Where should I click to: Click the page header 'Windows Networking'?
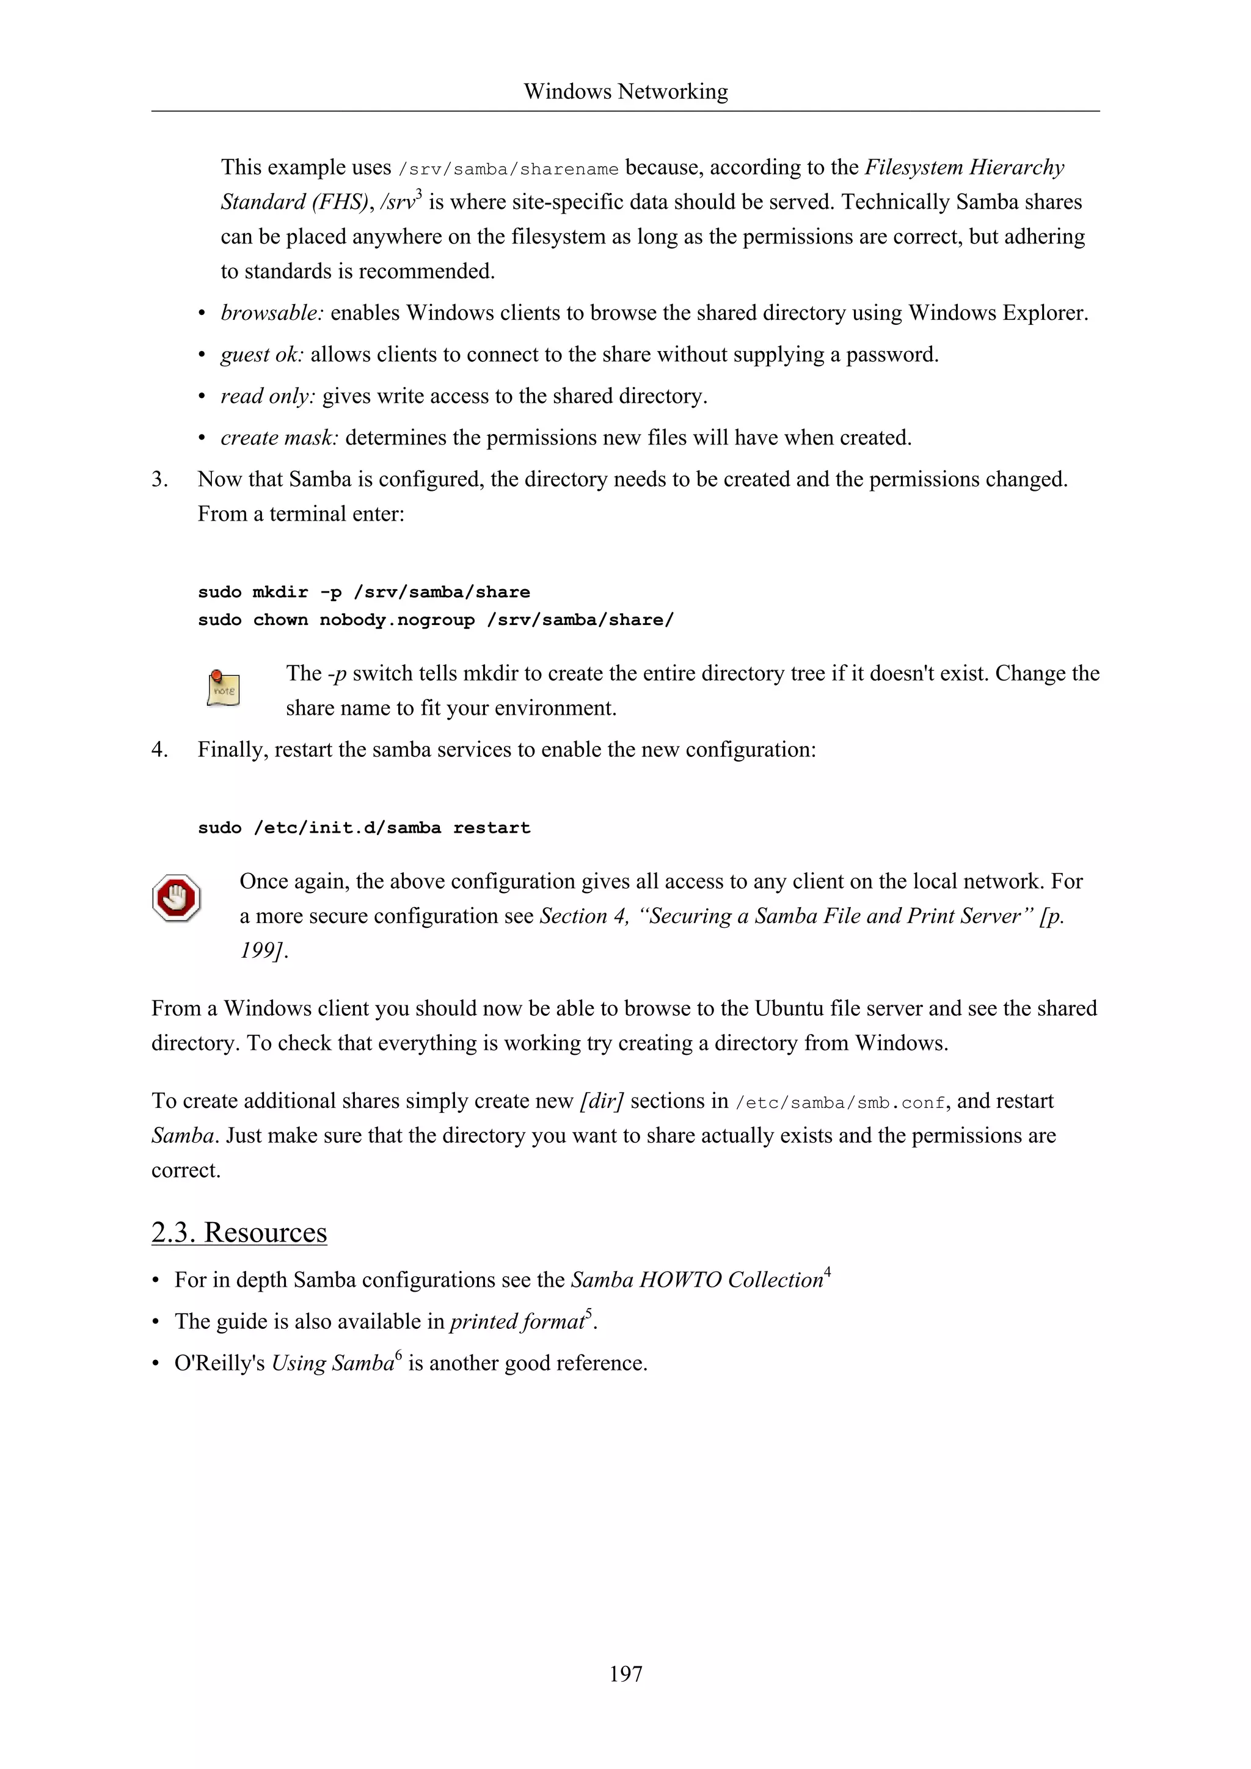[x=625, y=92]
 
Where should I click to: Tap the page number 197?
[x=625, y=1673]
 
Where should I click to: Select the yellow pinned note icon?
[x=223, y=688]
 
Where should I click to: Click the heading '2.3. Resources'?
[x=239, y=1232]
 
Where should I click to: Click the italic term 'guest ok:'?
[x=262, y=355]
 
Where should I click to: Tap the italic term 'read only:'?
[x=268, y=396]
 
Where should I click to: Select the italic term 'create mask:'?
[x=279, y=438]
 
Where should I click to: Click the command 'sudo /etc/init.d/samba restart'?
[x=364, y=828]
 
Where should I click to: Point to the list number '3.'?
[x=159, y=479]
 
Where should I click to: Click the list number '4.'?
[x=159, y=750]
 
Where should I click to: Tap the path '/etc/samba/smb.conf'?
[x=840, y=1102]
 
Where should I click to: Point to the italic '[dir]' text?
[x=601, y=1101]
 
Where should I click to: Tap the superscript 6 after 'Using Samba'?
[x=398, y=1355]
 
